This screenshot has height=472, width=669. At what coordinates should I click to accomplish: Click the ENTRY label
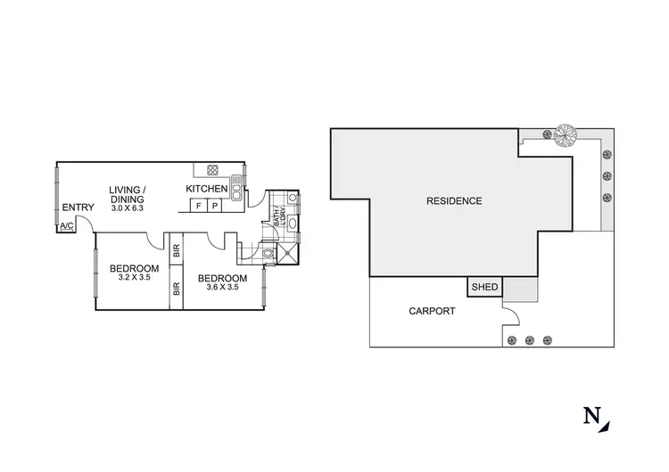tap(78, 208)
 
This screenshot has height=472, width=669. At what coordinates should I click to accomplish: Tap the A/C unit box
tap(66, 227)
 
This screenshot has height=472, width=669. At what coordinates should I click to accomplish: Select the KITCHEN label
tap(206, 189)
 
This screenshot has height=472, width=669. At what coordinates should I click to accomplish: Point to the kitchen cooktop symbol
tap(213, 170)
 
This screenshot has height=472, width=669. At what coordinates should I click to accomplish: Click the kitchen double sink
tap(235, 186)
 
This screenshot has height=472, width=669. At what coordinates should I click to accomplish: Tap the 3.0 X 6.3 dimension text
tap(126, 200)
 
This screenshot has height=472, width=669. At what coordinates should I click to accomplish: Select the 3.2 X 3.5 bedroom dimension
tap(134, 279)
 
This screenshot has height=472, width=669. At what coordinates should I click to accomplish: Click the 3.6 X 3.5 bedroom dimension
tap(221, 287)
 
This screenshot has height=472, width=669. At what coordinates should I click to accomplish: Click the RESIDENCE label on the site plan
tap(455, 201)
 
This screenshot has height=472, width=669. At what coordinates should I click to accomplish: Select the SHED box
tap(484, 287)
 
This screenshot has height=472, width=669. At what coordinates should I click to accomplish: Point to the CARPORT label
tap(432, 312)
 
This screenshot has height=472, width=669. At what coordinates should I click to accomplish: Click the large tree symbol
tap(564, 136)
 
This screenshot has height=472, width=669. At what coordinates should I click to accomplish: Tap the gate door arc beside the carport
tap(510, 313)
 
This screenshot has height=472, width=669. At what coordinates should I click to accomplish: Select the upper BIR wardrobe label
tap(175, 250)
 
